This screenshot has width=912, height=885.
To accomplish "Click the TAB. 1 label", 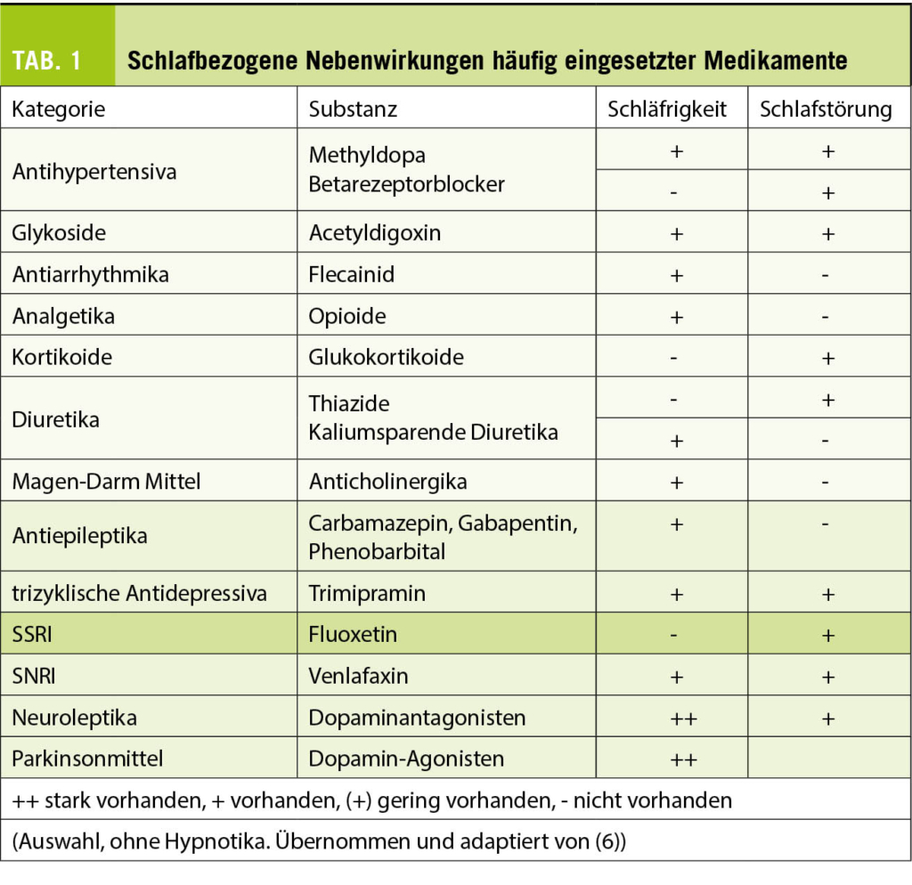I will click(x=46, y=60).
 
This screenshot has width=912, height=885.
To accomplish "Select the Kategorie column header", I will click(x=59, y=109).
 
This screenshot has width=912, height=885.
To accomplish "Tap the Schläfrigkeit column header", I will click(x=667, y=109).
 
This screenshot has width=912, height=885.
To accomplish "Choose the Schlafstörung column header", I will click(x=826, y=109).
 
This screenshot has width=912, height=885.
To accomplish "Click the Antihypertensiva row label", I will click(x=94, y=170).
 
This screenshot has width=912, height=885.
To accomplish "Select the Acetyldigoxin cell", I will click(x=375, y=232).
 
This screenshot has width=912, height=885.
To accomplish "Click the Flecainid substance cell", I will click(x=351, y=274).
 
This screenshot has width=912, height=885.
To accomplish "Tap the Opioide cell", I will click(x=347, y=316).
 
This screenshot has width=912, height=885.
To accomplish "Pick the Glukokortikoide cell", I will click(x=386, y=357).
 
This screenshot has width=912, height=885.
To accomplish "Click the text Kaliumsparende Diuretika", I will click(x=433, y=433).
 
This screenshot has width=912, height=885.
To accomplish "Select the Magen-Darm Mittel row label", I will click(x=106, y=482).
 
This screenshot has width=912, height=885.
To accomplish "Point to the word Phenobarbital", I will click(x=377, y=551).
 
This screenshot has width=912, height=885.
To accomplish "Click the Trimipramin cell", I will click(x=367, y=593).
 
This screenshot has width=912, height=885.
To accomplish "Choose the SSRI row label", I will click(x=33, y=634).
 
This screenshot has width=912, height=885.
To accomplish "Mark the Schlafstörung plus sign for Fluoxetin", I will click(x=827, y=635).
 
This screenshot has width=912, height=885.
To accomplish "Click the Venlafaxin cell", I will click(x=358, y=676).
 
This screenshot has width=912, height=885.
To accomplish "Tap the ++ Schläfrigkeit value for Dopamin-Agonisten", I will click(x=675, y=759).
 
